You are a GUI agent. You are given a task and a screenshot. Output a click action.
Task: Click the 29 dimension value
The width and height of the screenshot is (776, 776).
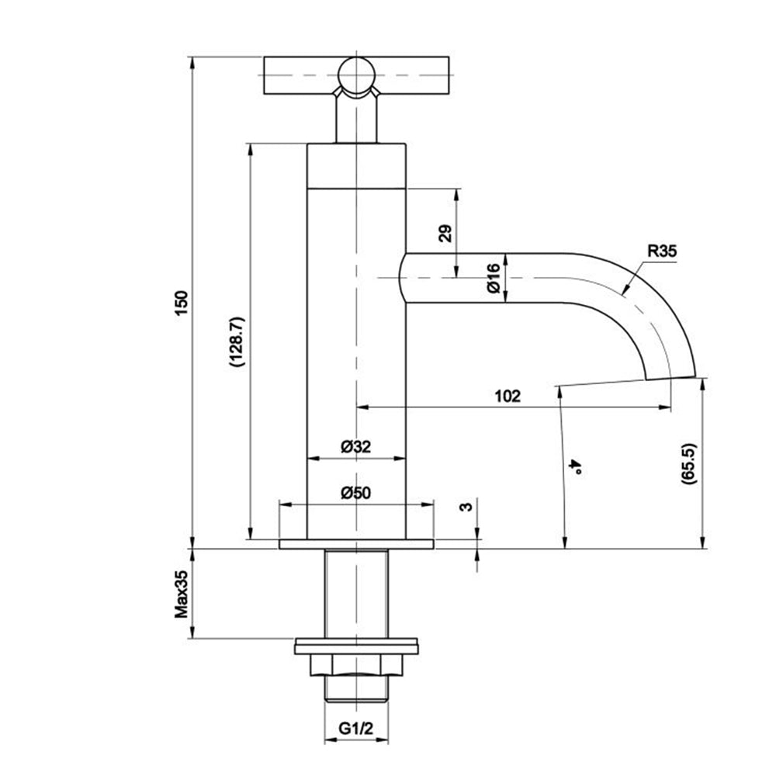coord(445,234)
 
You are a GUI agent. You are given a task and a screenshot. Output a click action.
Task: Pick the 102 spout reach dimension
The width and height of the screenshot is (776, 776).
coord(507,395)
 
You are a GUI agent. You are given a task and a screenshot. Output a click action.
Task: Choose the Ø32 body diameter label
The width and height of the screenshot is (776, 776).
coord(356,447)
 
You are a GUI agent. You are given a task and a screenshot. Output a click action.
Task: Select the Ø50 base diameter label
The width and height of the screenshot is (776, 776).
coord(356,493)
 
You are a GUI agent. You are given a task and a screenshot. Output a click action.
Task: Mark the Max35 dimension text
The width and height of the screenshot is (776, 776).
coord(182,594)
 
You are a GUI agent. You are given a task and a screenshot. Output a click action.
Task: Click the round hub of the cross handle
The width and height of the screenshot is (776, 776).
coord(356,76)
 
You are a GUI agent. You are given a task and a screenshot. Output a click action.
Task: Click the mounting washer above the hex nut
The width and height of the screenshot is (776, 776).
coord(356,644)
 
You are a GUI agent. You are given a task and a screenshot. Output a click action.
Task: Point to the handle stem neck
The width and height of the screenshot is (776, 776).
coord(356,120)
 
